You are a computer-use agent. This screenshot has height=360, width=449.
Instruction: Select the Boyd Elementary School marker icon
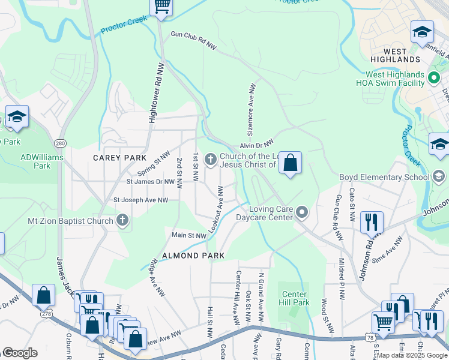439,176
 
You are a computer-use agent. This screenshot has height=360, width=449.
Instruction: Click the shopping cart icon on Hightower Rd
161,7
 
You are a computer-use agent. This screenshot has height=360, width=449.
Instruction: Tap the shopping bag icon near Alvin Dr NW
290,163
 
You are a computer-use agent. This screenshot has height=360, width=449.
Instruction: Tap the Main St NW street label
189,236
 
